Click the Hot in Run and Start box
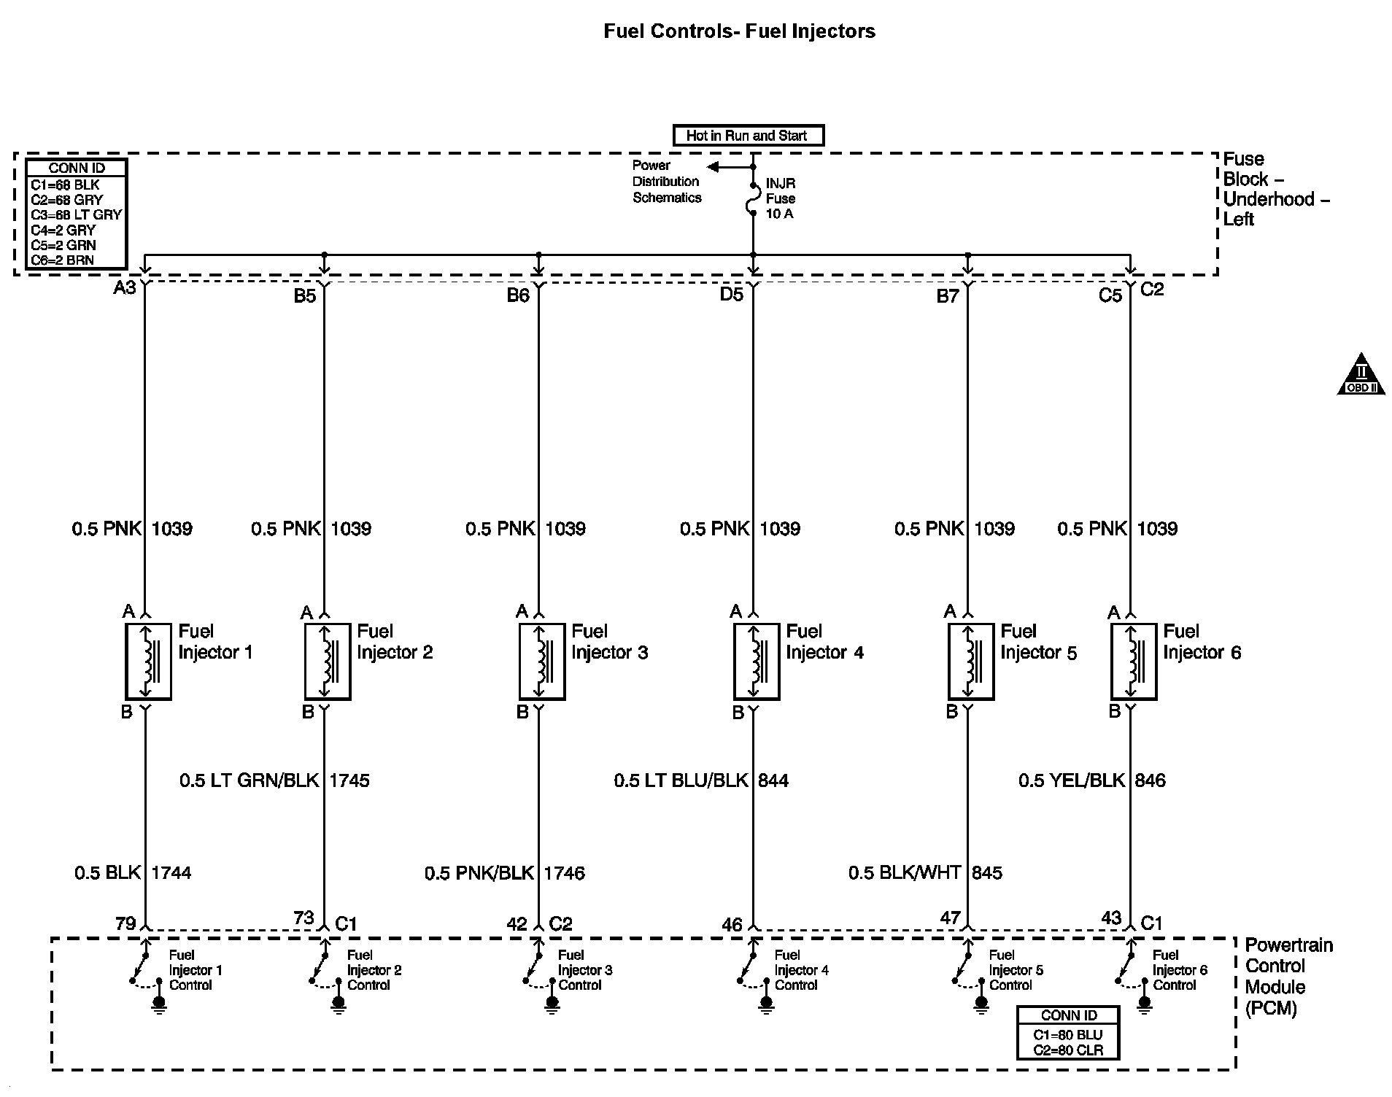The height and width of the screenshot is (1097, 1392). pos(748,136)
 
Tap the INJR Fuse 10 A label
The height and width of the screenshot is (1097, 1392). pos(780,198)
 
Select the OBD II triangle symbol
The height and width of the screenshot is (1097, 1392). pos(1361,375)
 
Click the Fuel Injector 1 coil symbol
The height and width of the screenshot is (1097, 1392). pos(148,662)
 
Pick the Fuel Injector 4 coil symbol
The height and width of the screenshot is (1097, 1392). pos(756,662)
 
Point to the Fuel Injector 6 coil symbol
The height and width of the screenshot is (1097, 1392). pos(1133,662)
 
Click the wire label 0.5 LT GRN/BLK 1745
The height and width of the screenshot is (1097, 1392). pos(274,780)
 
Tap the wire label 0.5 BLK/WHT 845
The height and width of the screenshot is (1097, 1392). pos(925,872)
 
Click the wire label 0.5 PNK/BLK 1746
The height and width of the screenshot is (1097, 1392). pos(504,873)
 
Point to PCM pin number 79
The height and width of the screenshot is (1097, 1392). pos(125,923)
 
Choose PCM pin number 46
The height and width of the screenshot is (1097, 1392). pos(732,925)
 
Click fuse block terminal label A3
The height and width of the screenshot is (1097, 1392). pos(125,288)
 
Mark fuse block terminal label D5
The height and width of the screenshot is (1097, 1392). pos(731,294)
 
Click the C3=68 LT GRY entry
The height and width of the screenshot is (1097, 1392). pos(76,215)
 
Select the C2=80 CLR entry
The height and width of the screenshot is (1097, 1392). pos(1068,1050)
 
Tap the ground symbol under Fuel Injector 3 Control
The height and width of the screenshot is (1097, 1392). pos(552,1005)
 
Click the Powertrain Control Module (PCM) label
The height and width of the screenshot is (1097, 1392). pos(1288,977)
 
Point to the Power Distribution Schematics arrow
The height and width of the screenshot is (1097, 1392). pos(713,167)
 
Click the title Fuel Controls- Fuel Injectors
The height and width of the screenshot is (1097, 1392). pos(739,31)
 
